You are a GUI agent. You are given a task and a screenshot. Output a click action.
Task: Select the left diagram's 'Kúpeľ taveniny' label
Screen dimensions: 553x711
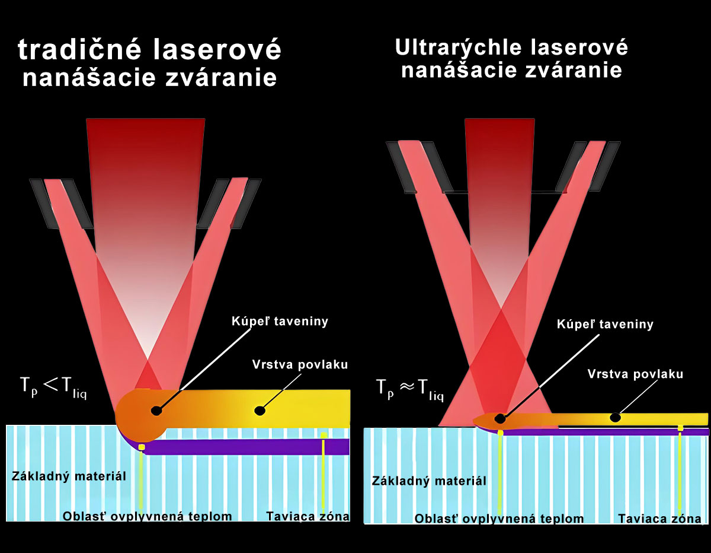(x=280, y=322)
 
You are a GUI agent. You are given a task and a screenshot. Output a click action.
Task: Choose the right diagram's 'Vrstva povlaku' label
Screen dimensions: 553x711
(x=635, y=374)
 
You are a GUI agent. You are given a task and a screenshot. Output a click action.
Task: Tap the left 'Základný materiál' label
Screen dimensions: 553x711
(x=69, y=476)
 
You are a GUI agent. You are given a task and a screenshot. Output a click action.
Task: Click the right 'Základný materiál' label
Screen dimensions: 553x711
(x=429, y=480)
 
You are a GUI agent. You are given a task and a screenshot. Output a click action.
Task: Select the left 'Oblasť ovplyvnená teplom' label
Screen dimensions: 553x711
(x=148, y=516)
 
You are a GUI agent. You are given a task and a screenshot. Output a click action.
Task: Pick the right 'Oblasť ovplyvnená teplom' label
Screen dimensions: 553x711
(x=499, y=519)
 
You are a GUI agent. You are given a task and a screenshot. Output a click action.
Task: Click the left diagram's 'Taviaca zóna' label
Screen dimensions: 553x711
(x=308, y=516)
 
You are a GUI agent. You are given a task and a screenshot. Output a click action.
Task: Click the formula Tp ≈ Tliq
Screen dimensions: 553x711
(x=410, y=388)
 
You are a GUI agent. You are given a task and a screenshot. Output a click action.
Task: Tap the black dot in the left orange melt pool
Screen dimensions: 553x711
(x=156, y=410)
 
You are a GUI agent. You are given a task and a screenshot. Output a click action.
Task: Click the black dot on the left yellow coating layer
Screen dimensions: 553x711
(x=259, y=410)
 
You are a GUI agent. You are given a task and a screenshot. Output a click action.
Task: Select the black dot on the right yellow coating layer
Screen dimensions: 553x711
(x=616, y=418)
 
